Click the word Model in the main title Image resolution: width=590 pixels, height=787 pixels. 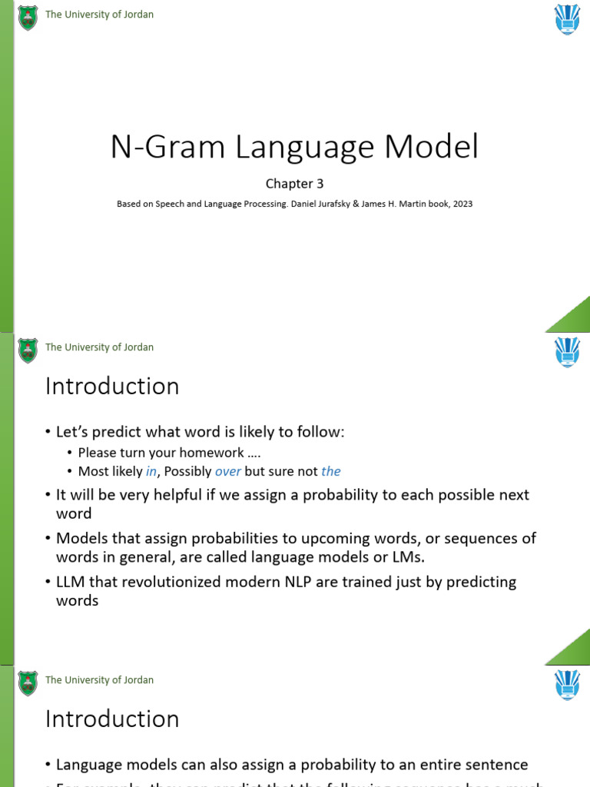point(436,147)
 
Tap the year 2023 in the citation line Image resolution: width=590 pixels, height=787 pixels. point(462,204)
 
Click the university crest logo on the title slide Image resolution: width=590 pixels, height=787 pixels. point(28,17)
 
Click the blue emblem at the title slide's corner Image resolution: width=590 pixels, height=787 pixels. point(568,19)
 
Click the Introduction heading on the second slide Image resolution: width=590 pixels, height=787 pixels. point(112,387)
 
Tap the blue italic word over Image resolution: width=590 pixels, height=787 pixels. point(227,471)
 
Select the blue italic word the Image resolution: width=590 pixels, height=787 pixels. point(331,471)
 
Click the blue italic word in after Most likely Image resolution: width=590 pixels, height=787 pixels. point(151,471)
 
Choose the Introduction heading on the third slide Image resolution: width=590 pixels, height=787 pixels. point(112,719)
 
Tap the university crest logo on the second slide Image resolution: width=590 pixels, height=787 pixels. point(28,350)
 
